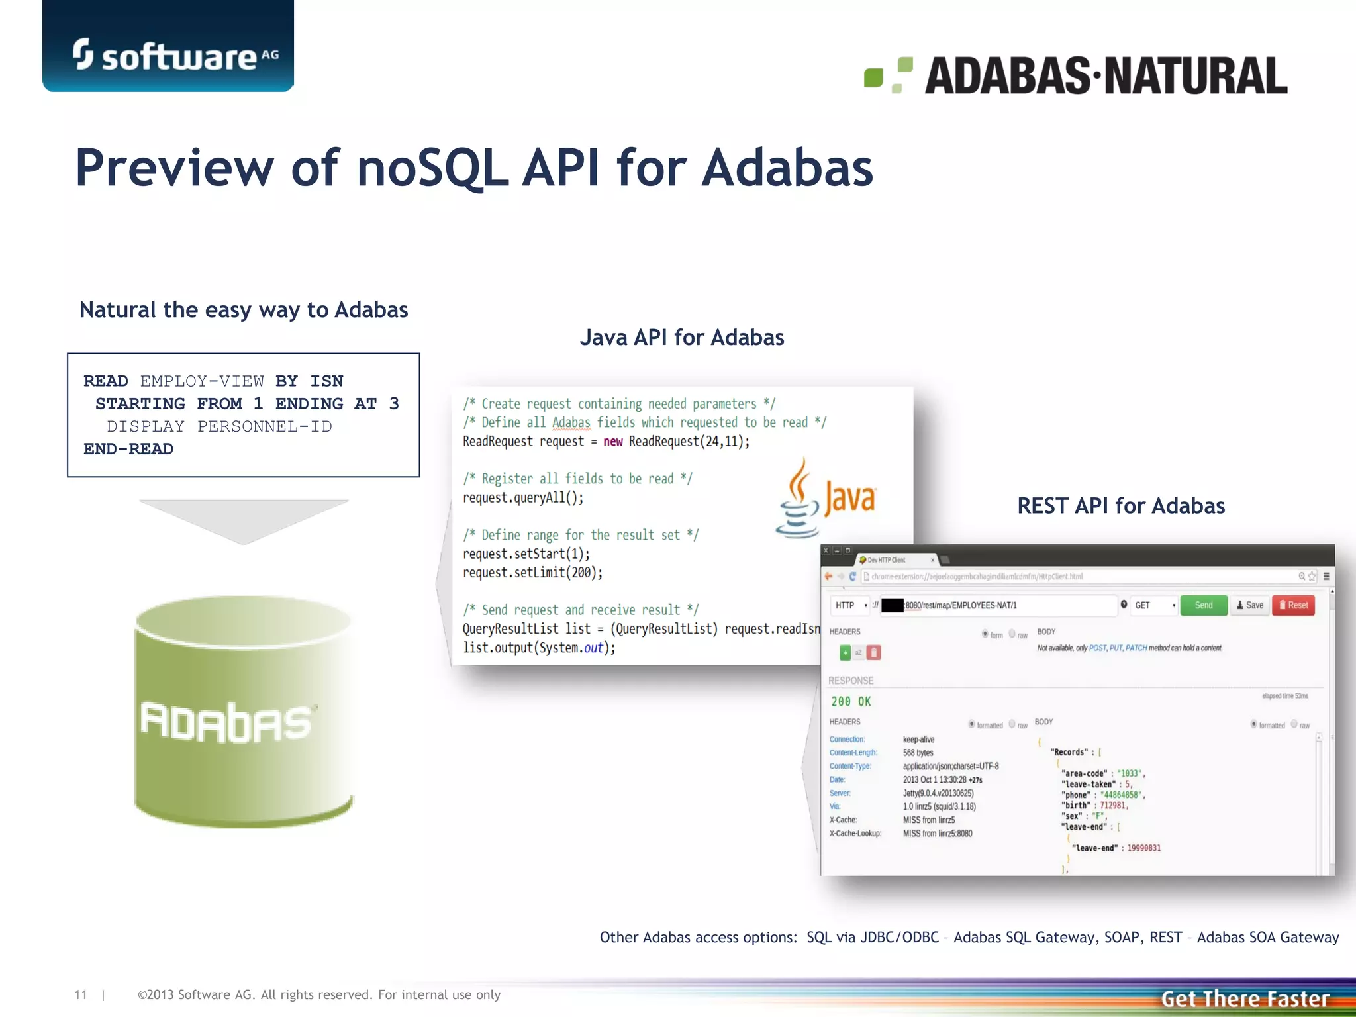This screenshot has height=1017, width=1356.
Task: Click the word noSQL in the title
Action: point(432,168)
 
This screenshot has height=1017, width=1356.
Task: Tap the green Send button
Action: point(1203,605)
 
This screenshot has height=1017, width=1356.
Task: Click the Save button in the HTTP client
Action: point(1249,605)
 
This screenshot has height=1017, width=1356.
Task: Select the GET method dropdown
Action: point(1154,605)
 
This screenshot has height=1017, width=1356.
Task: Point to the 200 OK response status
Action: point(851,702)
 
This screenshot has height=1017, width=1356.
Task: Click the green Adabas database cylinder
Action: point(243,712)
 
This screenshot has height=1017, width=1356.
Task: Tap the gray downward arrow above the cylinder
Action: point(243,520)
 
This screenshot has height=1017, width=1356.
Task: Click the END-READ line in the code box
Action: point(128,449)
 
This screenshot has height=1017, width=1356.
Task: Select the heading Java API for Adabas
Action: point(681,338)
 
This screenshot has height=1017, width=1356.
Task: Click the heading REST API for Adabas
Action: point(1120,506)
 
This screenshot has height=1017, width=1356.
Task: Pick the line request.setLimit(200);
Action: point(532,573)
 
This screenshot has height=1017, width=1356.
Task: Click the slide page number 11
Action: point(81,994)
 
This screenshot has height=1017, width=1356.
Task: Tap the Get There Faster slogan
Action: point(1245,998)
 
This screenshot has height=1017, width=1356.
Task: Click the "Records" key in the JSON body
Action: point(1069,752)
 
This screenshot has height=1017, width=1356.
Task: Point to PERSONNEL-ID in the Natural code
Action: point(264,426)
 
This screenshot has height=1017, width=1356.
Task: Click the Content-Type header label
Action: point(850,766)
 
